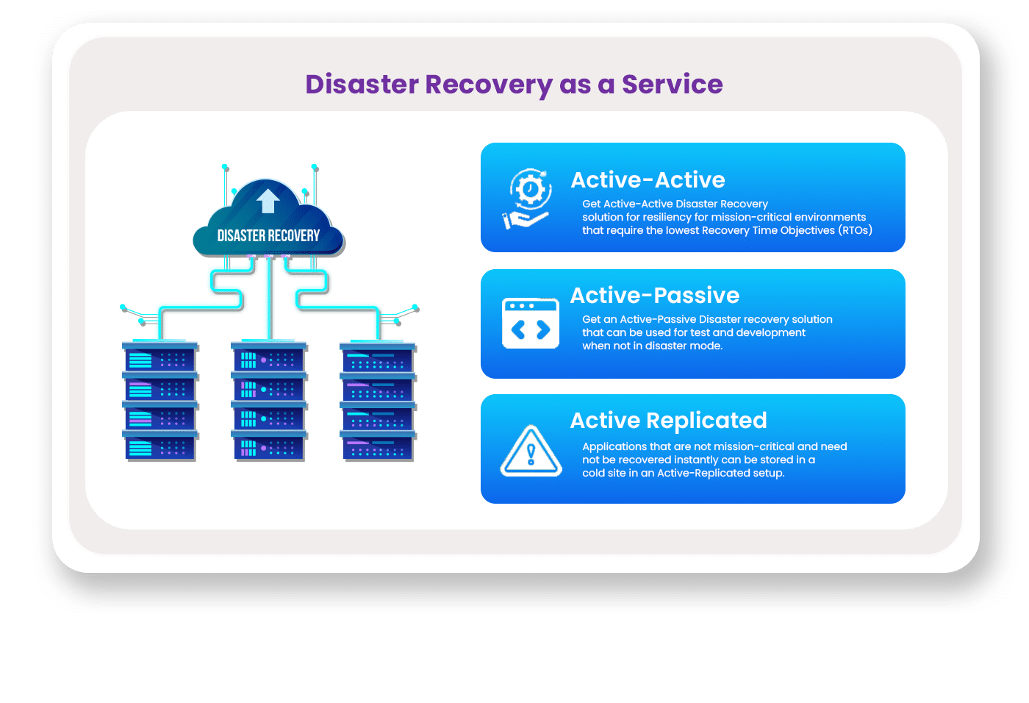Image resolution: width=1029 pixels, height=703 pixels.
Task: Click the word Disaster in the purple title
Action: click(x=362, y=85)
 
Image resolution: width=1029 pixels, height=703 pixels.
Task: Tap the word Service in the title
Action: click(x=672, y=85)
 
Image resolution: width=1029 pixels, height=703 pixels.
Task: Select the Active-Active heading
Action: click(x=648, y=180)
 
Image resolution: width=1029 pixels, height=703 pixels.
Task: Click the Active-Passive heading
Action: click(x=654, y=296)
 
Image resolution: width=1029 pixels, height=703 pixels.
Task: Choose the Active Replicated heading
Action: click(x=668, y=421)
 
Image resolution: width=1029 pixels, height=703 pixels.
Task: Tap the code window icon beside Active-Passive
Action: click(x=531, y=324)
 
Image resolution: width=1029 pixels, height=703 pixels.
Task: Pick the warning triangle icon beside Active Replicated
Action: click(x=531, y=451)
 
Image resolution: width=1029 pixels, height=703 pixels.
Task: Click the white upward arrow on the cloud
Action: click(x=268, y=201)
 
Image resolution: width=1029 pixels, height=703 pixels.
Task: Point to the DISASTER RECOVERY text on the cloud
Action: click(x=268, y=236)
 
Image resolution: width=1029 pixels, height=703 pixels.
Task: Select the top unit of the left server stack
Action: click(x=160, y=358)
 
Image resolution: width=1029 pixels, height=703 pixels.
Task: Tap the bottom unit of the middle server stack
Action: click(x=268, y=446)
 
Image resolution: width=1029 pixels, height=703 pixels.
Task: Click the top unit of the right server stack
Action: click(x=378, y=359)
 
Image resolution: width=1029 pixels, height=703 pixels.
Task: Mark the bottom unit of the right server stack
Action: click(x=378, y=446)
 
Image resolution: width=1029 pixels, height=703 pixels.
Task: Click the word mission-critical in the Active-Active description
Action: click(x=745, y=217)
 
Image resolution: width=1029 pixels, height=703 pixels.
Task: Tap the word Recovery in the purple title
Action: click(x=489, y=85)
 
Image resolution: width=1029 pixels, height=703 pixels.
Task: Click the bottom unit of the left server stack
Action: click(x=160, y=446)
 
